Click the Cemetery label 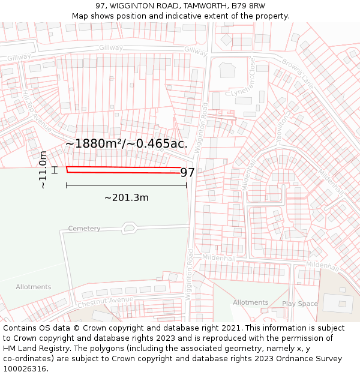pos(84,229)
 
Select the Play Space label pos(299,304)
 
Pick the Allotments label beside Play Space pos(250,302)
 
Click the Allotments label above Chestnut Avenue pos(34,287)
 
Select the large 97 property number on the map pos(187,173)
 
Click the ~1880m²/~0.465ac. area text pos(127,144)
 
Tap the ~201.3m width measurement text pos(127,197)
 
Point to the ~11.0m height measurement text pos(43,170)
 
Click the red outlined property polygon pos(120,170)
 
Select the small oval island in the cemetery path pos(128,227)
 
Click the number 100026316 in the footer pos(24,369)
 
